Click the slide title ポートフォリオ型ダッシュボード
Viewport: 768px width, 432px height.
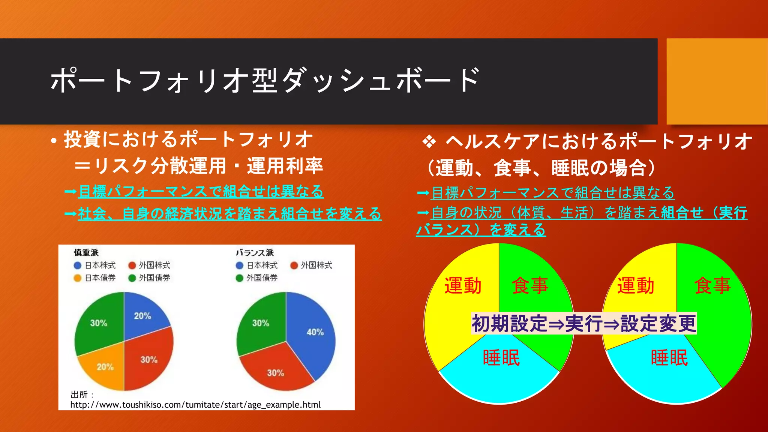pyautogui.click(x=264, y=81)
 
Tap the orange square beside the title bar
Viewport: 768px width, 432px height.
pyautogui.click(x=717, y=81)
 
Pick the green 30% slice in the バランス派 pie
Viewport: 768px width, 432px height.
pyautogui.click(x=260, y=323)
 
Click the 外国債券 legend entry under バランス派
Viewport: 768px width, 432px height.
pyautogui.click(x=257, y=278)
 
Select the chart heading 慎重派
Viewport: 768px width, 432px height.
pyautogui.click(x=86, y=253)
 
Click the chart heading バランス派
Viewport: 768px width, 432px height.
pyautogui.click(x=255, y=253)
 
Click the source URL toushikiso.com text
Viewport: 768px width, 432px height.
pyautogui.click(x=195, y=405)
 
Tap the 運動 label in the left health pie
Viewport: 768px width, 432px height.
pyautogui.click(x=463, y=286)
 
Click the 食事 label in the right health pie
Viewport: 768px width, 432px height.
pyautogui.click(x=712, y=286)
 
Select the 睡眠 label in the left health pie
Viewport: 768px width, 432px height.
pyautogui.click(x=501, y=357)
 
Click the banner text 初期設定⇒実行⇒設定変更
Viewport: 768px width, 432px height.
pyautogui.click(x=584, y=323)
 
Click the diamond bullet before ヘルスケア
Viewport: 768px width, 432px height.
pyautogui.click(x=429, y=142)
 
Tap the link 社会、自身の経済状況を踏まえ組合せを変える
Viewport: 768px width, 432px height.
pyautogui.click(x=229, y=214)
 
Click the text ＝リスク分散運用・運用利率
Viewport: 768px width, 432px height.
pyautogui.click(x=199, y=166)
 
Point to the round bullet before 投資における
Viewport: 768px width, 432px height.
pyautogui.click(x=54, y=141)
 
